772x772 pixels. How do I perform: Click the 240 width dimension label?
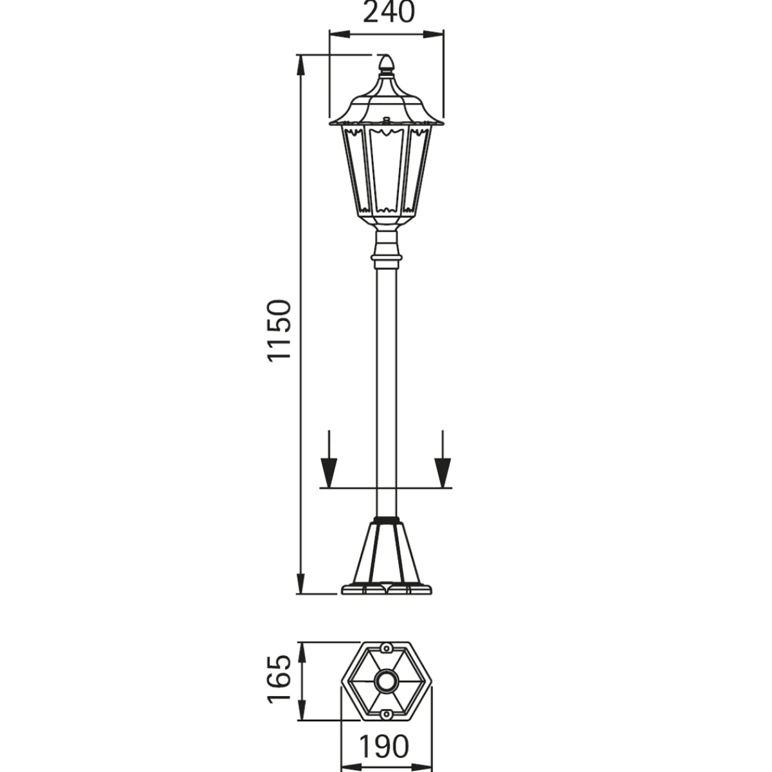(389, 12)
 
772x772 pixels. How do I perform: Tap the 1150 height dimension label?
(279, 331)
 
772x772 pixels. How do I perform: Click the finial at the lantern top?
(386, 66)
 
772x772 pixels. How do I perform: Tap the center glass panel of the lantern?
(386, 170)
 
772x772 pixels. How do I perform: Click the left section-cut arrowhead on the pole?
(329, 473)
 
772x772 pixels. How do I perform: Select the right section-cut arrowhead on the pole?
(443, 473)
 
